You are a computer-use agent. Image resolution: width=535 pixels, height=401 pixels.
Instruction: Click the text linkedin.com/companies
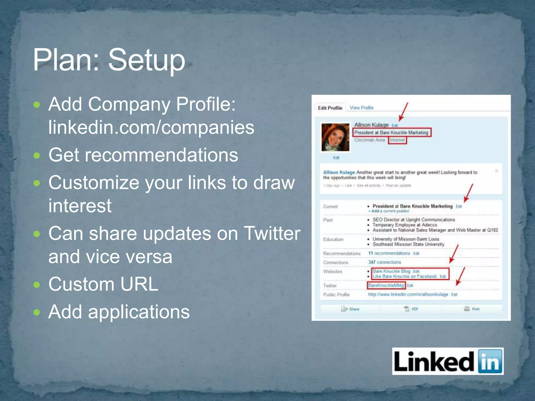151,127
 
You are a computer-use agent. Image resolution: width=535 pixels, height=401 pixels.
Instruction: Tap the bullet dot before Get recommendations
37,156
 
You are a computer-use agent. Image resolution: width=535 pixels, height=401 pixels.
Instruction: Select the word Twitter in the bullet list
272,233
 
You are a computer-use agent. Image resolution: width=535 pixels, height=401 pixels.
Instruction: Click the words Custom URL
103,284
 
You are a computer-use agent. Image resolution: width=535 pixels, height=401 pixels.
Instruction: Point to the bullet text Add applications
119,312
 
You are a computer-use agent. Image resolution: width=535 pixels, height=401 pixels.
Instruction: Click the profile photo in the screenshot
335,137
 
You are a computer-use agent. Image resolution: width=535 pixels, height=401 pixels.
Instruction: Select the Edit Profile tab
330,108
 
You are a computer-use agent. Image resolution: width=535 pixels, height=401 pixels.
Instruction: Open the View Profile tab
362,108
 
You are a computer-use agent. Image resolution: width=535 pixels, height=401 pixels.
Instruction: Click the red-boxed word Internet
397,140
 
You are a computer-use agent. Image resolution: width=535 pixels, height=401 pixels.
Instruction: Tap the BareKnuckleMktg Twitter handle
386,285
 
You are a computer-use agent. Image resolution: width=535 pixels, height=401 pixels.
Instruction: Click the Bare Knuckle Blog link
391,271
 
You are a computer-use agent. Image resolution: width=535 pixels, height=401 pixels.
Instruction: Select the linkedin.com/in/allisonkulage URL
408,294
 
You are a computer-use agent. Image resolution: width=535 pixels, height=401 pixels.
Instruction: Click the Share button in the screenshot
350,309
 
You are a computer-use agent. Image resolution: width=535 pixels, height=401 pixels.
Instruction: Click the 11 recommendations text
389,253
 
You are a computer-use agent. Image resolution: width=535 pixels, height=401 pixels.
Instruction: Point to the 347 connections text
385,262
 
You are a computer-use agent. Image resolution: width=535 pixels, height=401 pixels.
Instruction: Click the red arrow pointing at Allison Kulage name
403,112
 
